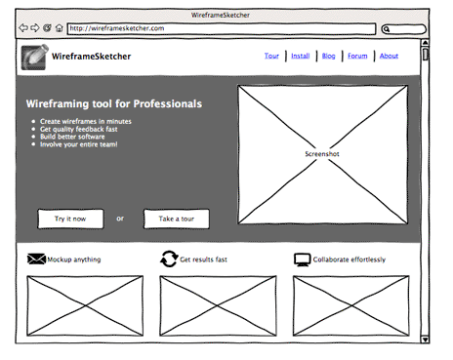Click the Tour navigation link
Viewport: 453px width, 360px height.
click(271, 56)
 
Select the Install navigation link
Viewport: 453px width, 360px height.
click(300, 56)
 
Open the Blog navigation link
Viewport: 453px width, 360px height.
click(328, 56)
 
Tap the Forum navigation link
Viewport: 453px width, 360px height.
click(358, 56)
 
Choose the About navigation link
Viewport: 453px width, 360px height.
click(389, 56)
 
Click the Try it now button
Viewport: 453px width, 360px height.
click(70, 219)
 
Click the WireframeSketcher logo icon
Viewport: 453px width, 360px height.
click(34, 57)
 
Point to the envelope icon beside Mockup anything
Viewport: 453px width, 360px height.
click(37, 259)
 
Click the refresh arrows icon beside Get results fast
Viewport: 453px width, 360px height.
click(169, 259)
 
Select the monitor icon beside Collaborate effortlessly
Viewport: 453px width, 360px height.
click(303, 259)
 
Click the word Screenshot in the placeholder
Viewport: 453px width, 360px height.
click(322, 154)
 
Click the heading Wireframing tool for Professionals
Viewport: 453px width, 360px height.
click(114, 103)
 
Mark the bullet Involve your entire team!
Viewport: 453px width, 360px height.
click(79, 144)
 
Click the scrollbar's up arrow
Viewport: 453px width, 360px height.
click(425, 43)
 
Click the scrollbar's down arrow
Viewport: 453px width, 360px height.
click(425, 339)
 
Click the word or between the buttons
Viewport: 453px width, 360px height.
click(120, 219)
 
